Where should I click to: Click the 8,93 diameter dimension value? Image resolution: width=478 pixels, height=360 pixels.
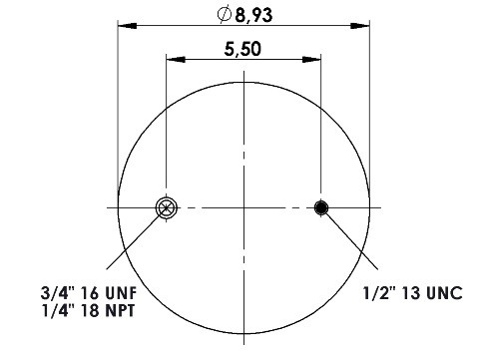coord(253,15)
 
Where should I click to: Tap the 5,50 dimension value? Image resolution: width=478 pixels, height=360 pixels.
coord(242,49)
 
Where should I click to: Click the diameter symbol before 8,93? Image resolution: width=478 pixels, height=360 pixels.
coord(225,14)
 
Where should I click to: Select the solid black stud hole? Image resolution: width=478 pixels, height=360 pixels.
coord(321,207)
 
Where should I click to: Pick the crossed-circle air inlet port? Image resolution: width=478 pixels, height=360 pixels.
coord(167,208)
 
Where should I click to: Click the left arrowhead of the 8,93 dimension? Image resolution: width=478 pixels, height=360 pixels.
coord(127,25)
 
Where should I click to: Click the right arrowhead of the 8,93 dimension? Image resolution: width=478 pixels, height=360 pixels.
coord(360,25)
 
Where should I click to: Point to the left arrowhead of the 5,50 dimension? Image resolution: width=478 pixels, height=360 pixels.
coord(176,60)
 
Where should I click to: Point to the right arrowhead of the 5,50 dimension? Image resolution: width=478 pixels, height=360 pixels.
coord(311,60)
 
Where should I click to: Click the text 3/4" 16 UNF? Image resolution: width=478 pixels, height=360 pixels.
coord(89,293)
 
